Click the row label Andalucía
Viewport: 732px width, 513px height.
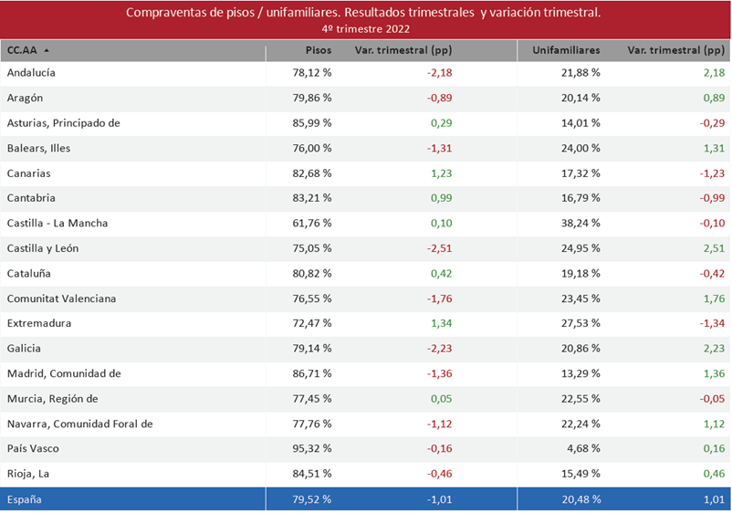32,72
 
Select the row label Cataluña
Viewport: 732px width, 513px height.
28,273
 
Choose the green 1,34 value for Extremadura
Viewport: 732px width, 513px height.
441,323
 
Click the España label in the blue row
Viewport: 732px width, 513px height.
25,499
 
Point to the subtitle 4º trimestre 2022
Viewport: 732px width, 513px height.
365,29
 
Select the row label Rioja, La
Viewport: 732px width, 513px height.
26,475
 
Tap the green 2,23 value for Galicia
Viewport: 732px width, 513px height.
714,349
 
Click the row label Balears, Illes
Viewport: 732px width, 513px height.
38,148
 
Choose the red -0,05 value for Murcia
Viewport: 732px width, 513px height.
711,399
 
